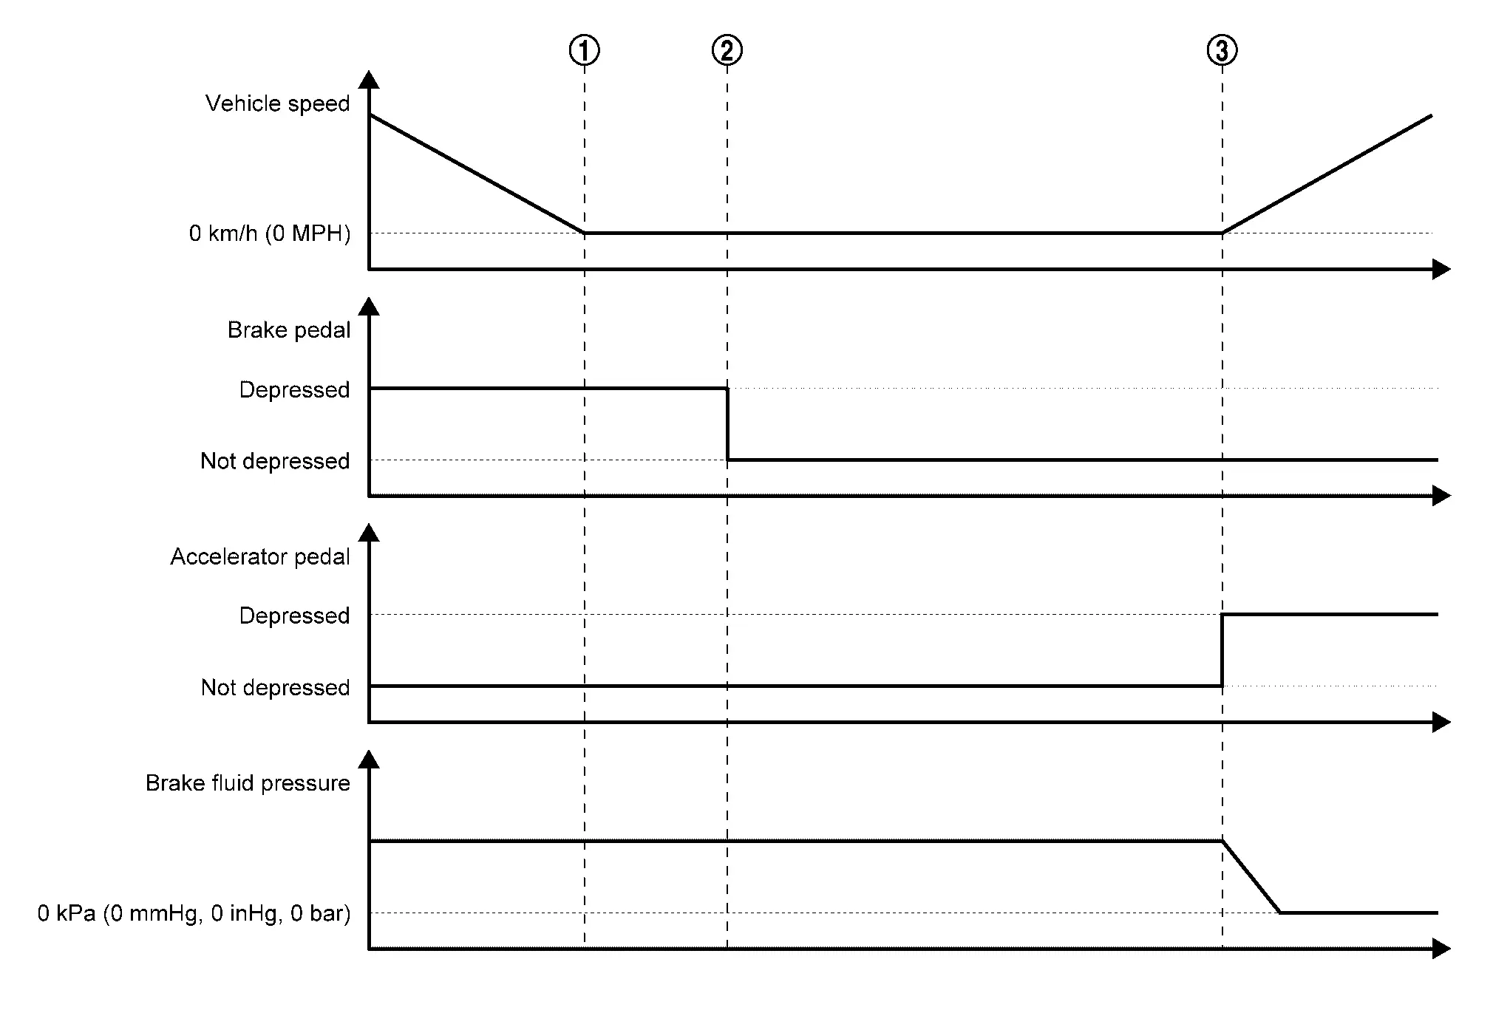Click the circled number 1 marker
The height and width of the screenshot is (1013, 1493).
584,51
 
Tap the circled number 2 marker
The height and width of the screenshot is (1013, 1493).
727,51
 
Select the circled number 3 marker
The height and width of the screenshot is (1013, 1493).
1222,51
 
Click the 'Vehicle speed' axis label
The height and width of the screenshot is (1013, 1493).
277,103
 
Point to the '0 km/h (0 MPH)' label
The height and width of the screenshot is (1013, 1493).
269,233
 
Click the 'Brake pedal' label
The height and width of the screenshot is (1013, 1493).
288,330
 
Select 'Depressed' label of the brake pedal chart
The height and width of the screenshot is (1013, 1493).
294,389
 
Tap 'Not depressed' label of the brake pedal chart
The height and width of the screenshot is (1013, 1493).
275,461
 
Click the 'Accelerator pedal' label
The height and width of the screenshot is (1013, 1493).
259,556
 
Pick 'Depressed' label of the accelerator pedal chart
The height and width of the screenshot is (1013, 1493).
294,615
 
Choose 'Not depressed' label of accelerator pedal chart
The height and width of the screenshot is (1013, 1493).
275,688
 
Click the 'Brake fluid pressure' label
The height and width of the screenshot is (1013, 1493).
248,783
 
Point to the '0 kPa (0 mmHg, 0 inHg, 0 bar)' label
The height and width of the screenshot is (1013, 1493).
194,914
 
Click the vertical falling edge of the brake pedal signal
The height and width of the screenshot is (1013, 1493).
727,424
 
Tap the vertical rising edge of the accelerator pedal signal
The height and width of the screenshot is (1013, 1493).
1222,650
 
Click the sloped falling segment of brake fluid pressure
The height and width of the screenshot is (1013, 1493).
1251,877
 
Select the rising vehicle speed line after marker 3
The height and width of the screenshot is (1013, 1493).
1327,174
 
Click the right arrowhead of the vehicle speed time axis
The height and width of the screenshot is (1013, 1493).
1441,270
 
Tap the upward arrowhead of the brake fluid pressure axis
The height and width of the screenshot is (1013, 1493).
368,760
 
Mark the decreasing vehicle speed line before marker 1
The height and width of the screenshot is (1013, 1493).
477,174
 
